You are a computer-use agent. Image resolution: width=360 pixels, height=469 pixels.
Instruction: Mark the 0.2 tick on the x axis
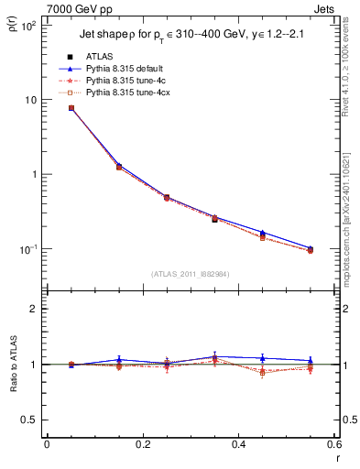(142, 446)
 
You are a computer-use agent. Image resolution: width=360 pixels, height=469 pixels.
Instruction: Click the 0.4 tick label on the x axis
(238, 446)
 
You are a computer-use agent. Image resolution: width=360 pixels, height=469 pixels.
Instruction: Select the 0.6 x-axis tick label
(333, 446)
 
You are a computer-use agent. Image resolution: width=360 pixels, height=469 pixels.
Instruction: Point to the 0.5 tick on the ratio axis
(32, 420)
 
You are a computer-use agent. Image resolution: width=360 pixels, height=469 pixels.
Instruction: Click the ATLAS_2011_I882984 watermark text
(190, 274)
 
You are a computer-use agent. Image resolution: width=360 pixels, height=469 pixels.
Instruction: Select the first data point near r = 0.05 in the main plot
(71, 108)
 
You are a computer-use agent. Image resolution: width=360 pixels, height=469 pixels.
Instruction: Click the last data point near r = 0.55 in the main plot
(310, 249)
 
